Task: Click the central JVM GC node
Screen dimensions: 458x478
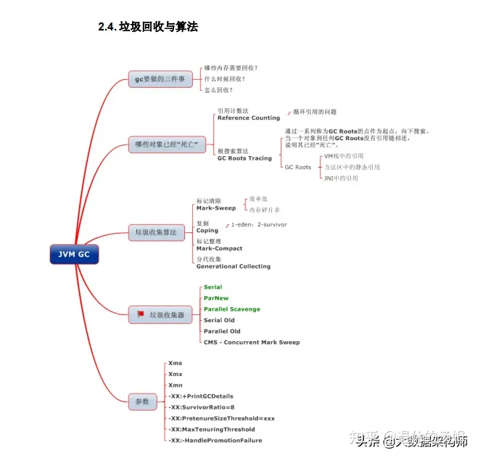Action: pyautogui.click(x=74, y=255)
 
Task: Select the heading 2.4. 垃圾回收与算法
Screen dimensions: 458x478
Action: pyautogui.click(x=148, y=27)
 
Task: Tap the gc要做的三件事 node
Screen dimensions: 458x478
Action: pyautogui.click(x=160, y=78)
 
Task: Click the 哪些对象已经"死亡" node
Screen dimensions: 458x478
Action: pyautogui.click(x=166, y=144)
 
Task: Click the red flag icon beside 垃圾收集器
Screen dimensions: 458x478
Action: pyautogui.click(x=140, y=314)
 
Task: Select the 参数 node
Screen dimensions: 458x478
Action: pyautogui.click(x=141, y=401)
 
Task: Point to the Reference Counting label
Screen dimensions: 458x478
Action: pyautogui.click(x=248, y=118)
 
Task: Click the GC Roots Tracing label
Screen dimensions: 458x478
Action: pyautogui.click(x=244, y=158)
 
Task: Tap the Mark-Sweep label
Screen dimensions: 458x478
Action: pyautogui.click(x=215, y=208)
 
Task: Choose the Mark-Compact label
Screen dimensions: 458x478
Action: pyautogui.click(x=219, y=248)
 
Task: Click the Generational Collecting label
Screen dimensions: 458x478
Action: pyautogui.click(x=233, y=266)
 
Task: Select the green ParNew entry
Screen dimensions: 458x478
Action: pyautogui.click(x=216, y=298)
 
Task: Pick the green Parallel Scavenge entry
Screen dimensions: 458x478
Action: pyautogui.click(x=231, y=308)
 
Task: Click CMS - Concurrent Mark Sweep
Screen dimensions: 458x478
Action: pyautogui.click(x=251, y=342)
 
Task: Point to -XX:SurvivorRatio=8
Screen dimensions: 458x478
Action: pyautogui.click(x=201, y=406)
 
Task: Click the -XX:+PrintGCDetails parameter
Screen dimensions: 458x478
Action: pyautogui.click(x=200, y=396)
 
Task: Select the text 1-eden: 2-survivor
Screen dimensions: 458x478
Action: pyautogui.click(x=258, y=224)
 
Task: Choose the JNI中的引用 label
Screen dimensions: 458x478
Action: pyautogui.click(x=341, y=178)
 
